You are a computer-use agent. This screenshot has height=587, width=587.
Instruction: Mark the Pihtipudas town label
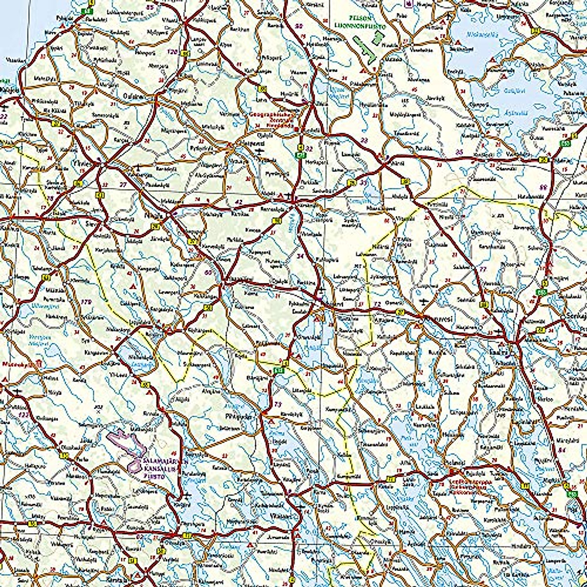point(231,417)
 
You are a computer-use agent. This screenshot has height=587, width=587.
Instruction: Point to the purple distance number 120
point(171,51)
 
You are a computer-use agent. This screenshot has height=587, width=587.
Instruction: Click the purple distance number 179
point(87,301)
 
